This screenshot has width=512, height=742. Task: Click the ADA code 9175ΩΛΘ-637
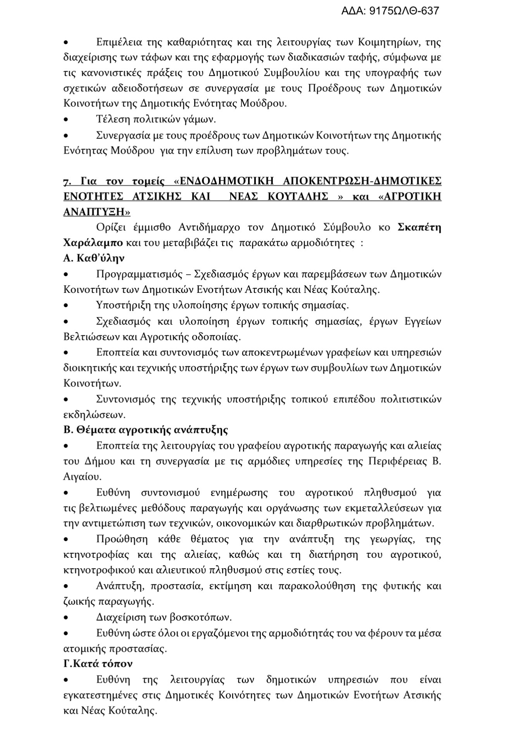[390, 10]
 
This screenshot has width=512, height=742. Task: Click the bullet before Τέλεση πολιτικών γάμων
[66, 120]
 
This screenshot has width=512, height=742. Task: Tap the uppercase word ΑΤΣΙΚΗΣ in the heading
[154, 197]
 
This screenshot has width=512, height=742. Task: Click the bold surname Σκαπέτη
[420, 227]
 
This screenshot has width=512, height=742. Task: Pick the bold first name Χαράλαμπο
[93, 243]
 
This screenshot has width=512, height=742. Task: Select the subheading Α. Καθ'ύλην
[94, 258]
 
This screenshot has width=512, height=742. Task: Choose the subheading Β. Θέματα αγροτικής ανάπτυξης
[145, 430]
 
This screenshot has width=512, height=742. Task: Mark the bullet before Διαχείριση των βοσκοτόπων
[66, 618]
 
